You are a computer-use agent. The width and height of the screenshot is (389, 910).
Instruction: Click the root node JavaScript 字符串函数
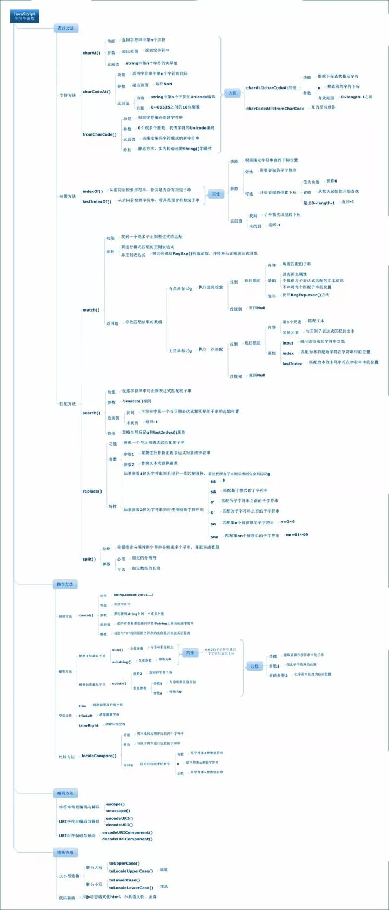click(x=24, y=16)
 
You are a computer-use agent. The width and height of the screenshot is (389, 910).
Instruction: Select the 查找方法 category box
click(x=66, y=28)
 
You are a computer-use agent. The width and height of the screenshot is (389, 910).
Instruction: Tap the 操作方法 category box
click(x=66, y=584)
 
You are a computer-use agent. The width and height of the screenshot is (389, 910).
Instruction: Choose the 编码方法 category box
click(x=65, y=793)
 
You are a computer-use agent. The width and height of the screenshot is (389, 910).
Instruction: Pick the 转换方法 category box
click(x=65, y=852)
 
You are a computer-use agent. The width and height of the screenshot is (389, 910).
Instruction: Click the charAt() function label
click(x=91, y=53)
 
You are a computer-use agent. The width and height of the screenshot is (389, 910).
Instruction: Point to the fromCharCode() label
click(x=99, y=134)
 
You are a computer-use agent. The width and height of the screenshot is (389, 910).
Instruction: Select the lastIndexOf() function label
click(x=96, y=201)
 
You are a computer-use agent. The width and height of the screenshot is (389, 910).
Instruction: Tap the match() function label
click(x=91, y=310)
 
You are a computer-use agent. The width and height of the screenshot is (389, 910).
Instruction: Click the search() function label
click(x=91, y=413)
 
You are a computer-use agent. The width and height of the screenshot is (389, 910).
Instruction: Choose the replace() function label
click(x=92, y=491)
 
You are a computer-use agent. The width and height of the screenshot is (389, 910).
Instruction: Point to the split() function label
click(x=89, y=559)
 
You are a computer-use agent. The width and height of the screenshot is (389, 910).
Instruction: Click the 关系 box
click(x=232, y=92)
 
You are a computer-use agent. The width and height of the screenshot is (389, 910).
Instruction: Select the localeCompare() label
click(x=98, y=756)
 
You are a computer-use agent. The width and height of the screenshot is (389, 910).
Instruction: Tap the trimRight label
click(x=89, y=725)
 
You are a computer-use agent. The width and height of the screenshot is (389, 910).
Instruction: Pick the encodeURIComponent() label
click(x=127, y=832)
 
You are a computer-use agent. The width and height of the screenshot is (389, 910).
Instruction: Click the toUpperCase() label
click(x=124, y=864)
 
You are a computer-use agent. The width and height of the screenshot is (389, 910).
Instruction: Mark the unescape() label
click(x=118, y=811)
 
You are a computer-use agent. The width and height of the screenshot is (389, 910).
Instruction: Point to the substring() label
click(x=122, y=662)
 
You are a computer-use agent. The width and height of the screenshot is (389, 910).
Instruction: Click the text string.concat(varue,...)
click(x=133, y=595)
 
